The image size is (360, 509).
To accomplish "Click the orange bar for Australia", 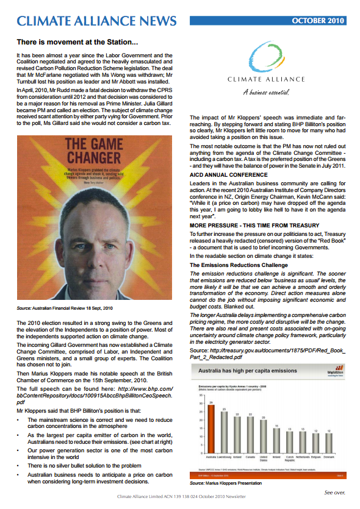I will (x=211, y=452).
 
